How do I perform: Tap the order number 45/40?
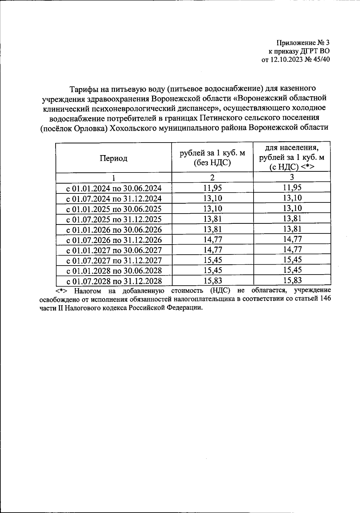(x=322, y=59)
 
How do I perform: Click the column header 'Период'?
(x=113, y=158)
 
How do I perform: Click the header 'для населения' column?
(x=292, y=148)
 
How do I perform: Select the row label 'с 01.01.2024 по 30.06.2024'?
(x=114, y=188)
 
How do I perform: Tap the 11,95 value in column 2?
(x=212, y=188)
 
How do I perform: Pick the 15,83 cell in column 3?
(x=292, y=280)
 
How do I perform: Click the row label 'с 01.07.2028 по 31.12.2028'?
(x=114, y=281)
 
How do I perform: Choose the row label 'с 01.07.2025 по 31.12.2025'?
(x=114, y=219)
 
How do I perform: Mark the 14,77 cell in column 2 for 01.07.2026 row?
(x=212, y=239)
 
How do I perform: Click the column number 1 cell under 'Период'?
(x=113, y=178)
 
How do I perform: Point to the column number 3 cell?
(x=292, y=177)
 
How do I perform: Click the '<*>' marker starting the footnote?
(x=62, y=291)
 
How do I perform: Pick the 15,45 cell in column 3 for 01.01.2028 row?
(x=292, y=270)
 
